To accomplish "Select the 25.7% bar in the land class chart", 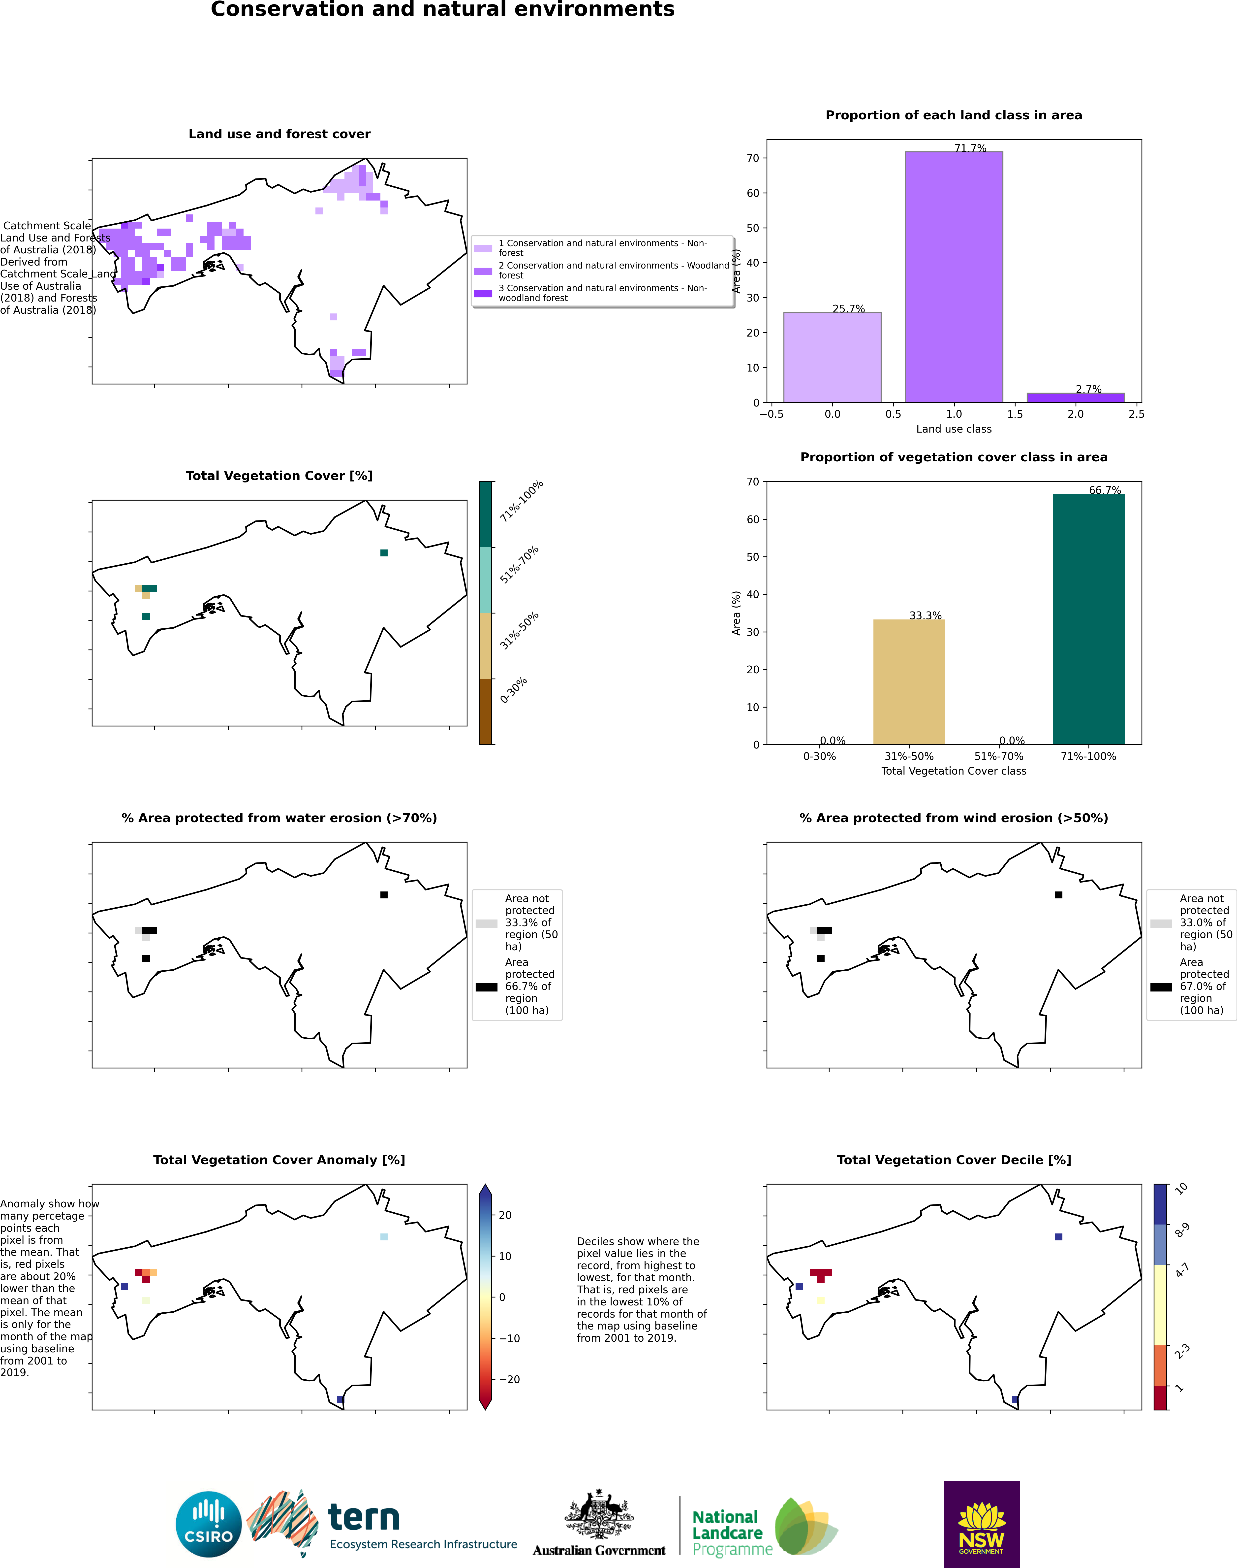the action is [832, 357].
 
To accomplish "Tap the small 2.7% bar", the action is [1076, 398].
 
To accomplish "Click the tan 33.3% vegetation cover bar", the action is [909, 682].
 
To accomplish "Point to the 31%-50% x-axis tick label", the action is [909, 756].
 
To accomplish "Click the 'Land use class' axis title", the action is [954, 429].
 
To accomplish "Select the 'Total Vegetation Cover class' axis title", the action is [954, 771].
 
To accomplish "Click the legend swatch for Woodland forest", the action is [483, 271].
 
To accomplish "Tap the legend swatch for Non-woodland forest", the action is [483, 293].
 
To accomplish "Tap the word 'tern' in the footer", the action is [364, 1517].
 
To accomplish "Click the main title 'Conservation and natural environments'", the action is [442, 9].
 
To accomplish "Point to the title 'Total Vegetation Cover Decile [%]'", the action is [954, 1160].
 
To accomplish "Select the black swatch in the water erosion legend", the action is [487, 987].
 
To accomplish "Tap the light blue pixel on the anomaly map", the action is [384, 1237].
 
